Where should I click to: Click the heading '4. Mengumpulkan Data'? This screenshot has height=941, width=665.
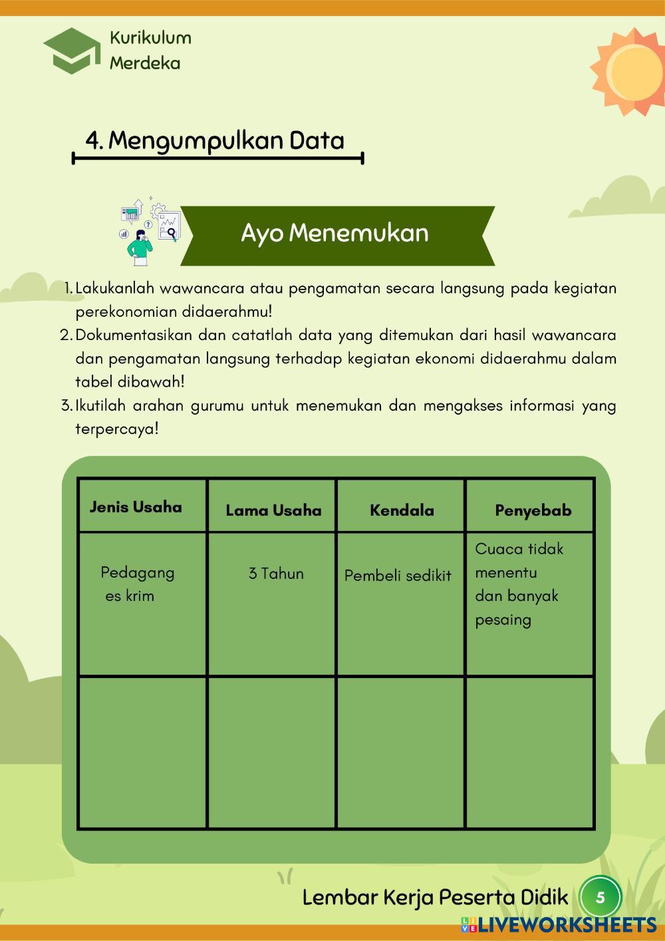pos(215,140)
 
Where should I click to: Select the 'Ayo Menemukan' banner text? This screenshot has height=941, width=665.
pos(334,234)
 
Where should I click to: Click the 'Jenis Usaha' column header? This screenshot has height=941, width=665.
pos(136,507)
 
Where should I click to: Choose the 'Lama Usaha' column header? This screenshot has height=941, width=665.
pos(273,510)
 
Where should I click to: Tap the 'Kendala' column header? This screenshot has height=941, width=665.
pos(402,510)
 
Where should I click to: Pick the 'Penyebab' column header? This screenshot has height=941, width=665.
pos(533,510)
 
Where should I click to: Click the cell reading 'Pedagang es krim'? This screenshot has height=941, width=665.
pos(137,584)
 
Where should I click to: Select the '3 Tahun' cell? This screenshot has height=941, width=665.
pos(276,574)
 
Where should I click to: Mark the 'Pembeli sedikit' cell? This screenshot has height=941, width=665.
pos(398,576)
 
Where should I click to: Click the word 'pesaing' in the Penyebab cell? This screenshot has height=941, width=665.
pos(503,620)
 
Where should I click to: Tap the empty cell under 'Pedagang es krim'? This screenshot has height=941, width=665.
pos(142,752)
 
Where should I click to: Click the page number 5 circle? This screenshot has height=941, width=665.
pos(600,898)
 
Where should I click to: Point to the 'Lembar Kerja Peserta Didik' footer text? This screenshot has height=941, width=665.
pos(436,897)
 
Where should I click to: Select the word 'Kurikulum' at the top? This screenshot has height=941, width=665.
pos(150,38)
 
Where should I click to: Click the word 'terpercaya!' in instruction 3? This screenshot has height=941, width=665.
pos(117,429)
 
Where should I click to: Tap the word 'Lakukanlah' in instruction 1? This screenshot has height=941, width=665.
pos(114,289)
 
